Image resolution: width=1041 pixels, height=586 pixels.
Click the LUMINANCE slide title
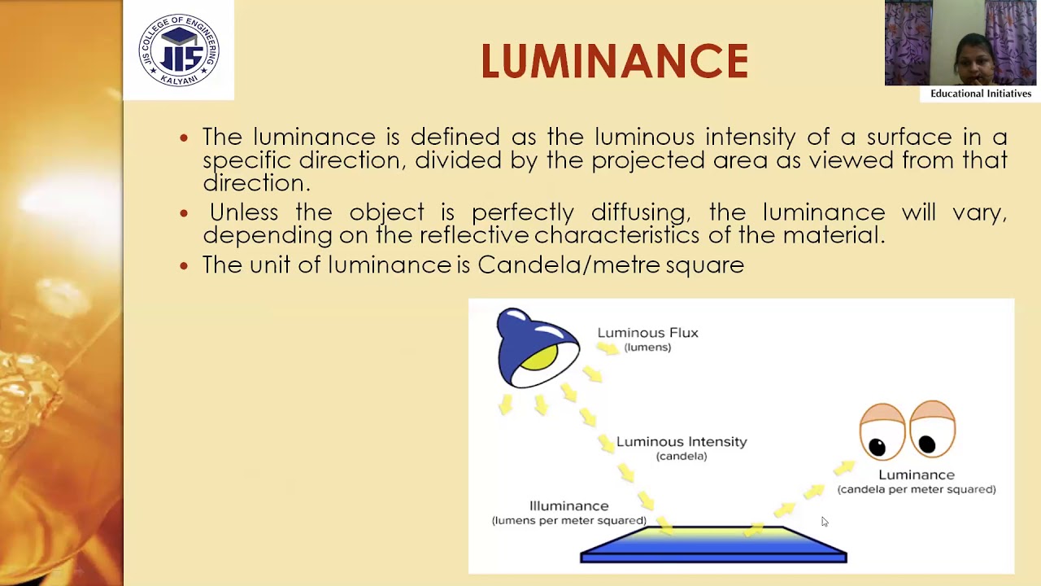[614, 62]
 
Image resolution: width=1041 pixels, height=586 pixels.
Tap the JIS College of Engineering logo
[179, 50]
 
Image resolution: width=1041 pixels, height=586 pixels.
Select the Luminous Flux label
[647, 333]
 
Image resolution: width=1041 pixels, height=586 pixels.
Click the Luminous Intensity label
[682, 442]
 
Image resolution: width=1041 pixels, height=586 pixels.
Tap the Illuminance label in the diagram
[568, 506]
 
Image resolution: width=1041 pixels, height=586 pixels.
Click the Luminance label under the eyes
[917, 474]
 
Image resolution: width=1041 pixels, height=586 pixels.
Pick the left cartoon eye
[882, 431]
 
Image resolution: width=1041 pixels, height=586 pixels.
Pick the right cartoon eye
[932, 429]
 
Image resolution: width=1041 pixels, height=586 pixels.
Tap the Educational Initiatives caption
[981, 94]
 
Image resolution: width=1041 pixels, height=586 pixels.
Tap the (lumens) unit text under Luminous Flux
[647, 348]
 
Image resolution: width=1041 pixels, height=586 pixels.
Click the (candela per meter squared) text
[917, 489]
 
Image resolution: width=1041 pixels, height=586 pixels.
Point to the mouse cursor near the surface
[823, 521]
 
